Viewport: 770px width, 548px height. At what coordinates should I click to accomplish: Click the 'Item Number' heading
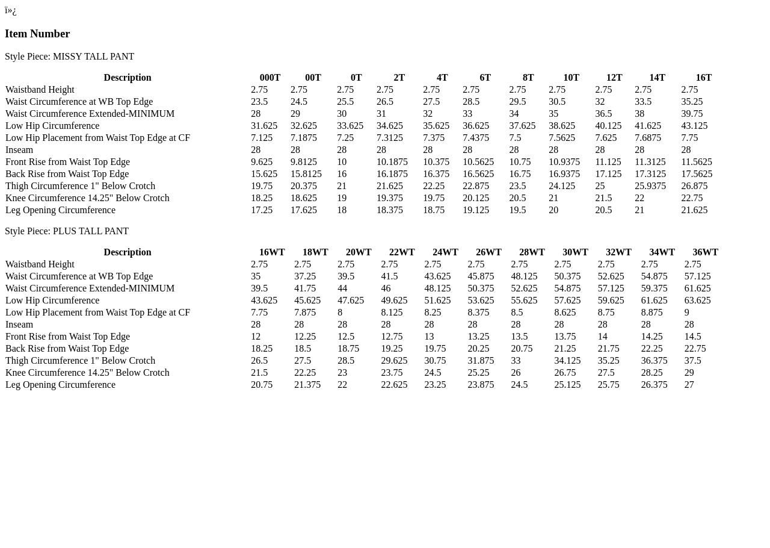37,34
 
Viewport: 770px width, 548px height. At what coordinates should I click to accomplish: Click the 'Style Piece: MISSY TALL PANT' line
69,57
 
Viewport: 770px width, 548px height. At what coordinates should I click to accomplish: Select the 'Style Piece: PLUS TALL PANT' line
67,231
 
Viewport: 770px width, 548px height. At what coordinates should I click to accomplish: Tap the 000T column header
270,78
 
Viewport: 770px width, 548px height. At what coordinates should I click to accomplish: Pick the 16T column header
704,78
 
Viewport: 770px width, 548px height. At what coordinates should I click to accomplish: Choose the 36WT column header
705,252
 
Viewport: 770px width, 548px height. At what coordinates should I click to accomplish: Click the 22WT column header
402,252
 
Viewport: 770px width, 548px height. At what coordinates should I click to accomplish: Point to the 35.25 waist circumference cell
692,102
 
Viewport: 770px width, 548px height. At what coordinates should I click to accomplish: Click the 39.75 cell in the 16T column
692,114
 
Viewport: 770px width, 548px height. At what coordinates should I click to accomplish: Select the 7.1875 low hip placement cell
306,138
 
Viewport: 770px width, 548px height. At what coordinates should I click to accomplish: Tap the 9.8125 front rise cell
306,162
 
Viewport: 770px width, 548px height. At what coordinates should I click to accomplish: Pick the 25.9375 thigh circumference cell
650,186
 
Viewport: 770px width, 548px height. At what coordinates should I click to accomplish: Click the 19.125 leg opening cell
476,210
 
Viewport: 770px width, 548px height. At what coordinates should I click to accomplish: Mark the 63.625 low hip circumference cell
697,300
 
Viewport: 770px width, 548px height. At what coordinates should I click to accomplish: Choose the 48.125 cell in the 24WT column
437,288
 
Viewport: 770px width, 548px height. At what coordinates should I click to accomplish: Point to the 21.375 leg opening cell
307,385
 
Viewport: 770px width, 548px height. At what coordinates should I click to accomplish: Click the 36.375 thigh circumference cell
654,361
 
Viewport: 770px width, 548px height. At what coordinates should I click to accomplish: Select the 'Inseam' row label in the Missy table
19,150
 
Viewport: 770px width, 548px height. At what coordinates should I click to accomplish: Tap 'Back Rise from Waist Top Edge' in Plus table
67,349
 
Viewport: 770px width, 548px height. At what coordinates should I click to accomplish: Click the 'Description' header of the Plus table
128,252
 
